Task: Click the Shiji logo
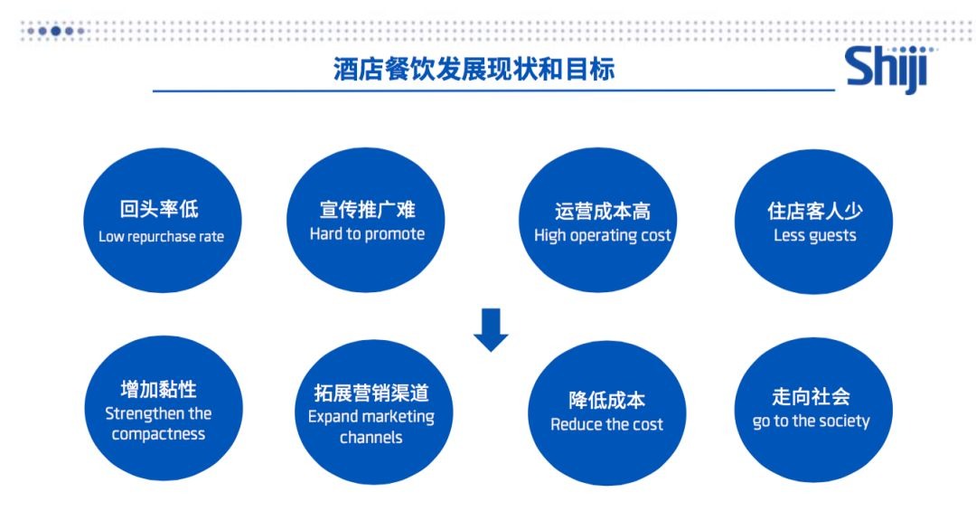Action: [x=889, y=69]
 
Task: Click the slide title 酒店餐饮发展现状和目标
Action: [x=474, y=69]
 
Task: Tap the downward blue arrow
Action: [x=491, y=329]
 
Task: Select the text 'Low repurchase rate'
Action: [x=161, y=237]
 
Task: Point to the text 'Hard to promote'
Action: [x=367, y=234]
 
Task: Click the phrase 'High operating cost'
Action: [x=602, y=235]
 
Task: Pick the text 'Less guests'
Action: [x=814, y=235]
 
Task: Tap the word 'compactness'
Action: [x=158, y=434]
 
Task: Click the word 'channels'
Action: [x=371, y=437]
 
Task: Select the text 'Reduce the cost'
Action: [x=607, y=425]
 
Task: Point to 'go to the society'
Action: [x=811, y=421]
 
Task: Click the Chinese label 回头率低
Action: [x=159, y=209]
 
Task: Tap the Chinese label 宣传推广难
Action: [x=367, y=209]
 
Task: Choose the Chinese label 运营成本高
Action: [x=603, y=212]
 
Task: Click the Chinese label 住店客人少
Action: [x=815, y=211]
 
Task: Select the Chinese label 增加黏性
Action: [x=159, y=390]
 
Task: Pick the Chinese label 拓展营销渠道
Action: [x=371, y=393]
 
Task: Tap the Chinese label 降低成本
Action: [x=607, y=401]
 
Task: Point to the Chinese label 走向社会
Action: [x=811, y=397]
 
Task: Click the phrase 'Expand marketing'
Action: [x=371, y=417]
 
